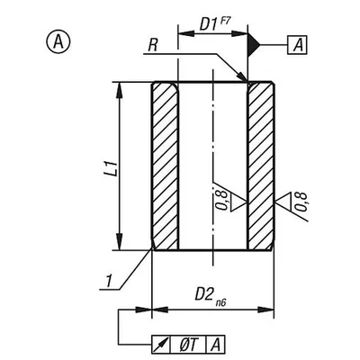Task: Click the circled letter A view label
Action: point(58,41)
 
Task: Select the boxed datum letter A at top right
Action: point(297,45)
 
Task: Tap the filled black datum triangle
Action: point(254,45)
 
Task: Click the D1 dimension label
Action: point(208,24)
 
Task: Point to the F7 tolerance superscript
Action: point(225,22)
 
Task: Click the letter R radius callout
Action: point(153,47)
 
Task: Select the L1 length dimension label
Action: point(112,167)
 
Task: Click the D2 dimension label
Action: point(205,294)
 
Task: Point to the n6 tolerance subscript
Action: point(220,303)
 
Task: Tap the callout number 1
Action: point(109,281)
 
